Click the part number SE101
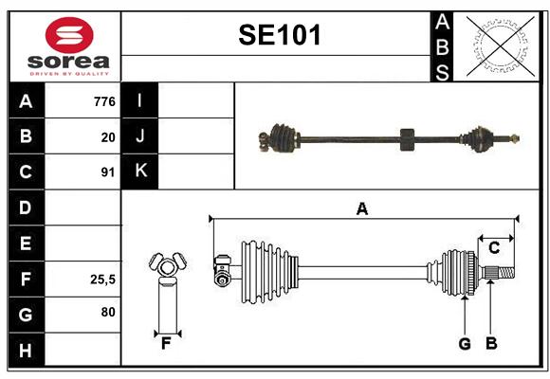tap(280, 35)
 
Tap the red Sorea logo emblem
tap(69, 35)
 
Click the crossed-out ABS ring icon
tap(501, 45)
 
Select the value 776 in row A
tap(104, 101)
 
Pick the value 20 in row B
tap(108, 137)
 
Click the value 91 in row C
tap(108, 172)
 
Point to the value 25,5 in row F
tap(102, 280)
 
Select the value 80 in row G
tap(108, 312)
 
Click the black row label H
tap(27, 350)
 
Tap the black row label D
tap(27, 208)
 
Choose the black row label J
tap(139, 136)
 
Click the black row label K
tap(139, 171)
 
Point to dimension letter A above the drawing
tap(362, 209)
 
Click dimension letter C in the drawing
tap(494, 248)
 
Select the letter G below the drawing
tap(465, 344)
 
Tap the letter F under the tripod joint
tap(166, 344)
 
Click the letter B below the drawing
tap(491, 344)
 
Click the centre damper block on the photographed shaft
tap(407, 139)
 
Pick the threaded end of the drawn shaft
tap(506, 273)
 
